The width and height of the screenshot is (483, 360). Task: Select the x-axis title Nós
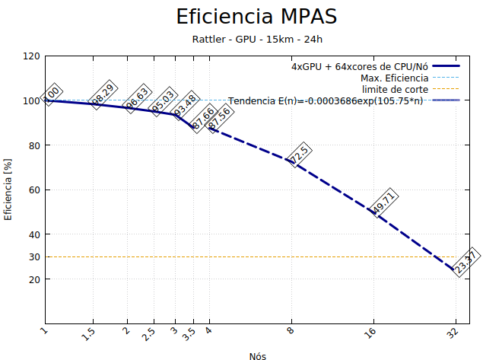tap(257, 355)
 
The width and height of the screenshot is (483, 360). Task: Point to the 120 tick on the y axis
tap(32, 56)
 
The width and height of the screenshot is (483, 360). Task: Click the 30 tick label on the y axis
tap(34, 257)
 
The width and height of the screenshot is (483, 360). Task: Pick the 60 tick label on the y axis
tap(34, 190)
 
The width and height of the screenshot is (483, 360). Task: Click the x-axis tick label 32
tap(454, 333)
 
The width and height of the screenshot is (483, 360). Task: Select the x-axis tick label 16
tap(372, 333)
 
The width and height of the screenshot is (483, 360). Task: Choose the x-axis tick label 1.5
tap(91, 333)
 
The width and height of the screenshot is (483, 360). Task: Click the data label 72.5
tap(297, 155)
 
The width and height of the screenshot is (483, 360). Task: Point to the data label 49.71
tap(384, 202)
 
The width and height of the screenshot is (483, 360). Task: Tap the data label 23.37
tap(466, 261)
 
